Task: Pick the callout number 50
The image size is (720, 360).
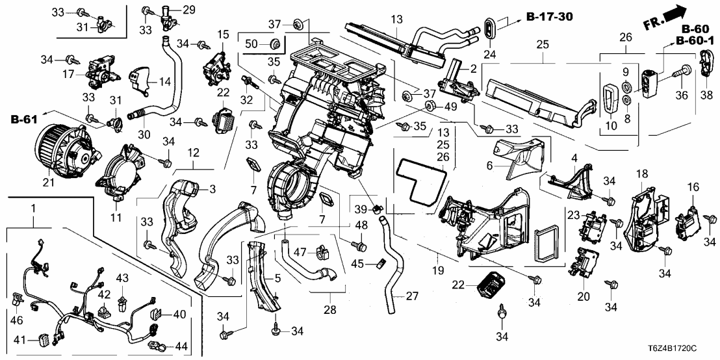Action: pos(251,44)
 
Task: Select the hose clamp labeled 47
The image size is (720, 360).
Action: pos(320,250)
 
